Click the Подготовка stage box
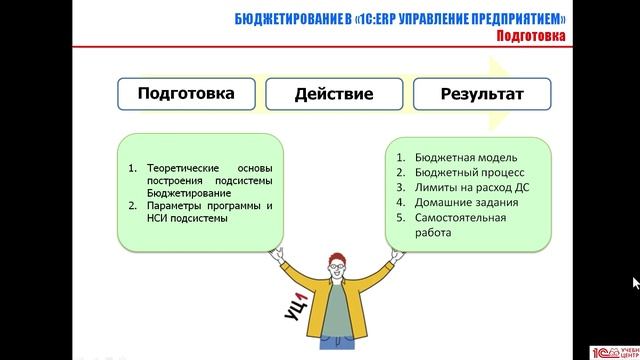click(x=187, y=94)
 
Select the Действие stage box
click(x=333, y=94)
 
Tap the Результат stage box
click(x=481, y=94)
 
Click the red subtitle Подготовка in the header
click(x=530, y=37)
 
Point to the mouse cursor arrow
click(x=634, y=283)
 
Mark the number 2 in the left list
click(x=133, y=205)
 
